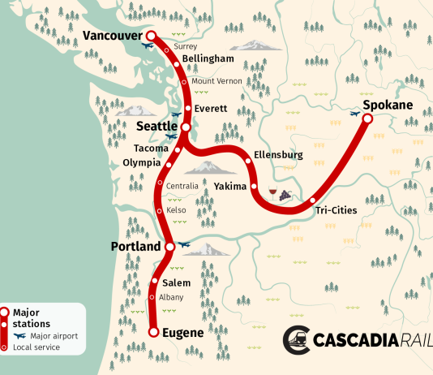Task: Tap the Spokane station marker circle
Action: [367, 119]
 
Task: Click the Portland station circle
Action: [169, 246]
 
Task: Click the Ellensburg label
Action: [278, 154]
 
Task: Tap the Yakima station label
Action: [230, 187]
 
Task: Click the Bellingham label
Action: [208, 59]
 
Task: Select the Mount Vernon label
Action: [215, 82]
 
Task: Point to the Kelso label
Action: [176, 211]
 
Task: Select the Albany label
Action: [171, 297]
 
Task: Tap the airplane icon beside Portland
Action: [184, 243]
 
